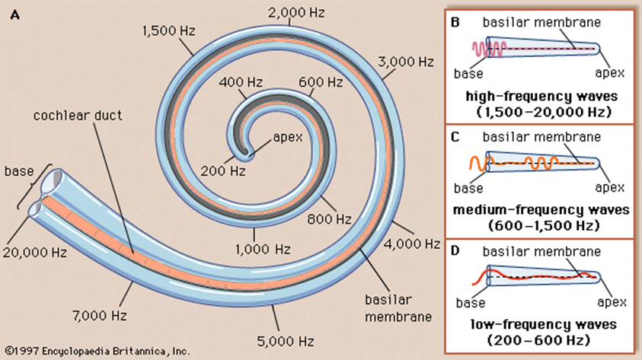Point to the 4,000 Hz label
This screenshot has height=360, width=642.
tap(411, 244)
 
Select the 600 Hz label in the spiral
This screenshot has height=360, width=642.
tap(313, 81)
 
